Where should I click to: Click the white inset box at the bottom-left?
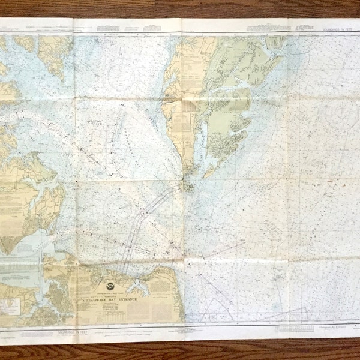point(11,307)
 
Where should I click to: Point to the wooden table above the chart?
point(180,7)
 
